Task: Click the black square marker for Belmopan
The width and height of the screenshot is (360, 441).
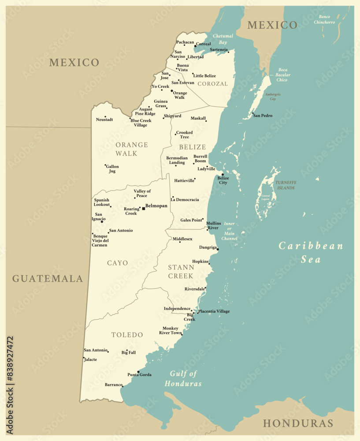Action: click(x=143, y=208)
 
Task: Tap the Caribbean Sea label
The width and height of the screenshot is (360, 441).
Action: click(x=311, y=252)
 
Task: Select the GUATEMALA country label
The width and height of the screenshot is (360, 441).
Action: click(x=47, y=279)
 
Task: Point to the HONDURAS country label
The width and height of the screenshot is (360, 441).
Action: click(x=298, y=423)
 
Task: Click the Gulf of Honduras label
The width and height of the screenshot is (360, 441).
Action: click(x=183, y=379)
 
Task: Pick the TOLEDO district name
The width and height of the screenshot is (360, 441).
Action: click(x=127, y=335)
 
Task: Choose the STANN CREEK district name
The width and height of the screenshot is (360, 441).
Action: click(x=181, y=272)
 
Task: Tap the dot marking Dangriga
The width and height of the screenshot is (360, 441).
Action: click(x=218, y=249)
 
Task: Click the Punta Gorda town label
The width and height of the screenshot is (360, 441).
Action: click(x=139, y=375)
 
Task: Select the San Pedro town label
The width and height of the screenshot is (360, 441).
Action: click(x=263, y=116)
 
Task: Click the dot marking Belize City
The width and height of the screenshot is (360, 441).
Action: click(x=223, y=175)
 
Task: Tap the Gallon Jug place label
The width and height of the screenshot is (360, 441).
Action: click(x=112, y=169)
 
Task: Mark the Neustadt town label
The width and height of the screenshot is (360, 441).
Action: click(x=104, y=120)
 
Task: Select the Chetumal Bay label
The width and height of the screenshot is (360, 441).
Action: click(x=223, y=39)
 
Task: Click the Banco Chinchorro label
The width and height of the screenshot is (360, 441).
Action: click(x=324, y=19)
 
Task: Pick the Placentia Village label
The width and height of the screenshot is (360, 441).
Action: click(x=214, y=311)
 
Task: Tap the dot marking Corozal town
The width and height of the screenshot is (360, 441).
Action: click(x=195, y=46)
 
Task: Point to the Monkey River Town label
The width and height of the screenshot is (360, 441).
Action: click(x=170, y=330)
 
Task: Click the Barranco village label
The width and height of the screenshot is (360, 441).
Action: click(x=113, y=385)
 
